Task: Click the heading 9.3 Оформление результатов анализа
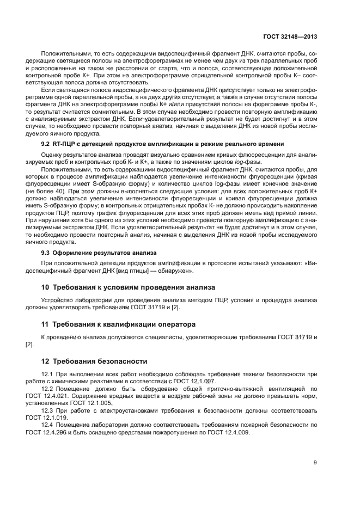(99, 253)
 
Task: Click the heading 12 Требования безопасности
(95, 361)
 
